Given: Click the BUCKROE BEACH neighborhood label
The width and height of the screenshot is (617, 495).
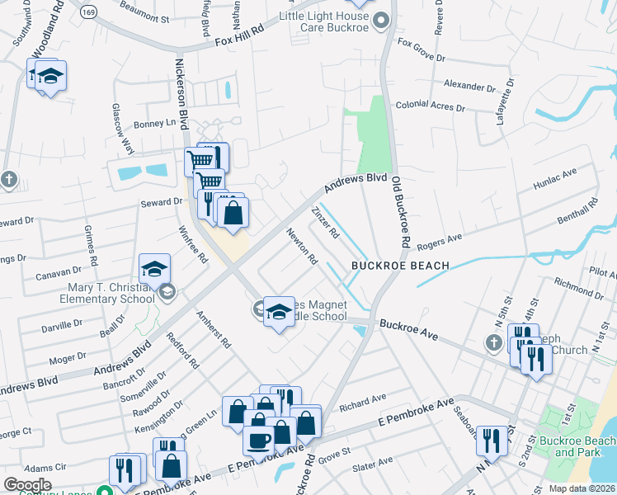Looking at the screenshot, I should tap(400, 266).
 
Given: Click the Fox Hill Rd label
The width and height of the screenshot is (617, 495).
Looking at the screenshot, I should tap(238, 34).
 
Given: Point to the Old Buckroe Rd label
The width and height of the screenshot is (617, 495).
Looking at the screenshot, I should tap(400, 212).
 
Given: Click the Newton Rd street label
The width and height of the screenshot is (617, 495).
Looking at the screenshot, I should tap(302, 247).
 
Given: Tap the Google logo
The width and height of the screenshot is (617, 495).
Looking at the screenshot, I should tap(27, 484).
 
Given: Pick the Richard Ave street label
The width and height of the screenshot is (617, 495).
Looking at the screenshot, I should tap(362, 402).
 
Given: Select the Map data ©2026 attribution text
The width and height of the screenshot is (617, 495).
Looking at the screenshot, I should tap(582, 488).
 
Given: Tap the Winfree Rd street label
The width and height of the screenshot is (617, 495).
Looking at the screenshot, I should tap(193, 244).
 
